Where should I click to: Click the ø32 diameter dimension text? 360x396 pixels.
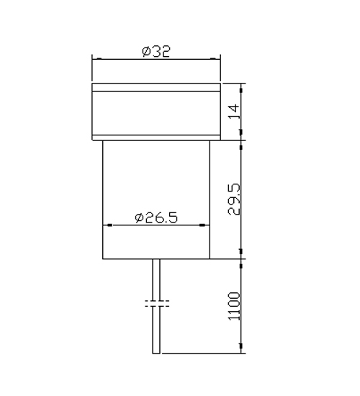click(x=156, y=52)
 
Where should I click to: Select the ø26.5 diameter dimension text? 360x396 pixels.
click(x=156, y=217)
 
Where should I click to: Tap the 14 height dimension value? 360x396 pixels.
click(x=234, y=111)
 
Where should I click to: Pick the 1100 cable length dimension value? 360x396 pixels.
click(x=234, y=306)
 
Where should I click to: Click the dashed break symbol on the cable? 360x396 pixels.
click(x=157, y=304)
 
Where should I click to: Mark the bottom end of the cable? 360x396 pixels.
click(x=156, y=353)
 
